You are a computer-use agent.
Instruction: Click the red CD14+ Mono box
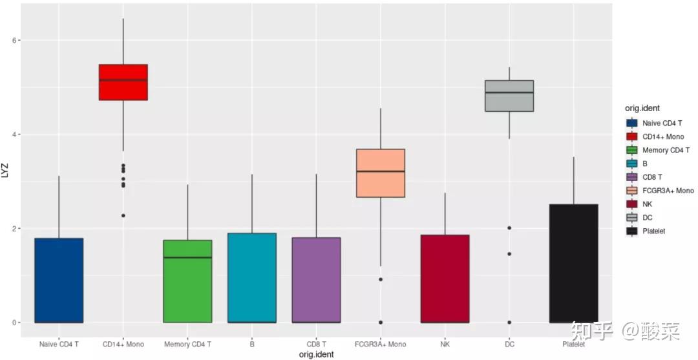point(123,82)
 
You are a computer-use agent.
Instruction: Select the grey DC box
point(509,96)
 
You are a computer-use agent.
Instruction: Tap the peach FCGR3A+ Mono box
point(381,173)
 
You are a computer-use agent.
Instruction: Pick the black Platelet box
point(573,263)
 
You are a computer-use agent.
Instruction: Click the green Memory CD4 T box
point(187,281)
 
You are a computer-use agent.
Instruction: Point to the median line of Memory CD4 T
point(187,257)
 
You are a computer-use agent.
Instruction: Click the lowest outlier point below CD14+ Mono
point(123,215)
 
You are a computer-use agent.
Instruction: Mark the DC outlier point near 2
point(509,228)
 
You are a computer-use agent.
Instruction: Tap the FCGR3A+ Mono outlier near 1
point(381,279)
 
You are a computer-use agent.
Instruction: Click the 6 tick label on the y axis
point(14,40)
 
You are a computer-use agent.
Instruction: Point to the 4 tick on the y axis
point(14,134)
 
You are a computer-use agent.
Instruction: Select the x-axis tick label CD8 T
point(316,344)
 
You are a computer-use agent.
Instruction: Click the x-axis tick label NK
point(445,344)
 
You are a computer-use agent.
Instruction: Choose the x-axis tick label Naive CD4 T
point(59,344)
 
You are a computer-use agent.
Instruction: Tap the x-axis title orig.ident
point(316,355)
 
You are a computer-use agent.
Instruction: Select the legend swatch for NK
point(632,204)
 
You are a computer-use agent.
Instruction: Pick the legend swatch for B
point(632,164)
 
